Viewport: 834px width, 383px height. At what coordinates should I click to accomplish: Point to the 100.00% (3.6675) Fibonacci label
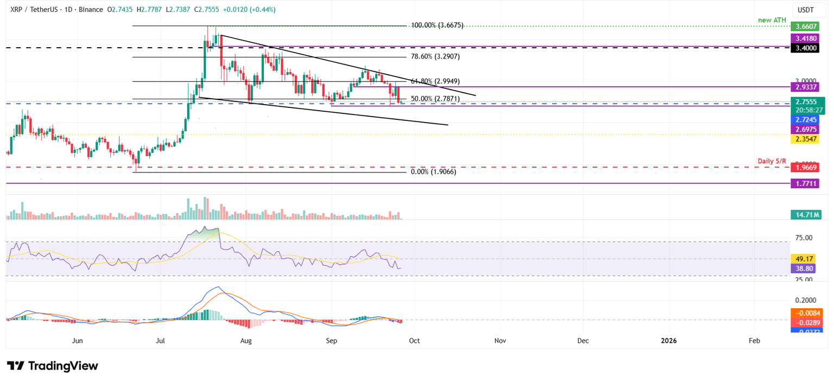point(438,25)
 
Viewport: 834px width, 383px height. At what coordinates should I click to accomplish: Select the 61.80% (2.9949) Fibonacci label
point(435,81)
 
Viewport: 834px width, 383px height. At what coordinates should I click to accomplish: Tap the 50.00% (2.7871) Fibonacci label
point(435,99)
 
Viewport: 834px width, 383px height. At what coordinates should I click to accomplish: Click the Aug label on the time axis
point(246,341)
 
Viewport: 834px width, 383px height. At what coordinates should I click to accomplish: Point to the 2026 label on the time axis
point(668,341)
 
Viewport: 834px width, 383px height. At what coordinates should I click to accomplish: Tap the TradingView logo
point(53,366)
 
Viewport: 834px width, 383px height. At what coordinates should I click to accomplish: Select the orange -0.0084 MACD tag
point(806,312)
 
